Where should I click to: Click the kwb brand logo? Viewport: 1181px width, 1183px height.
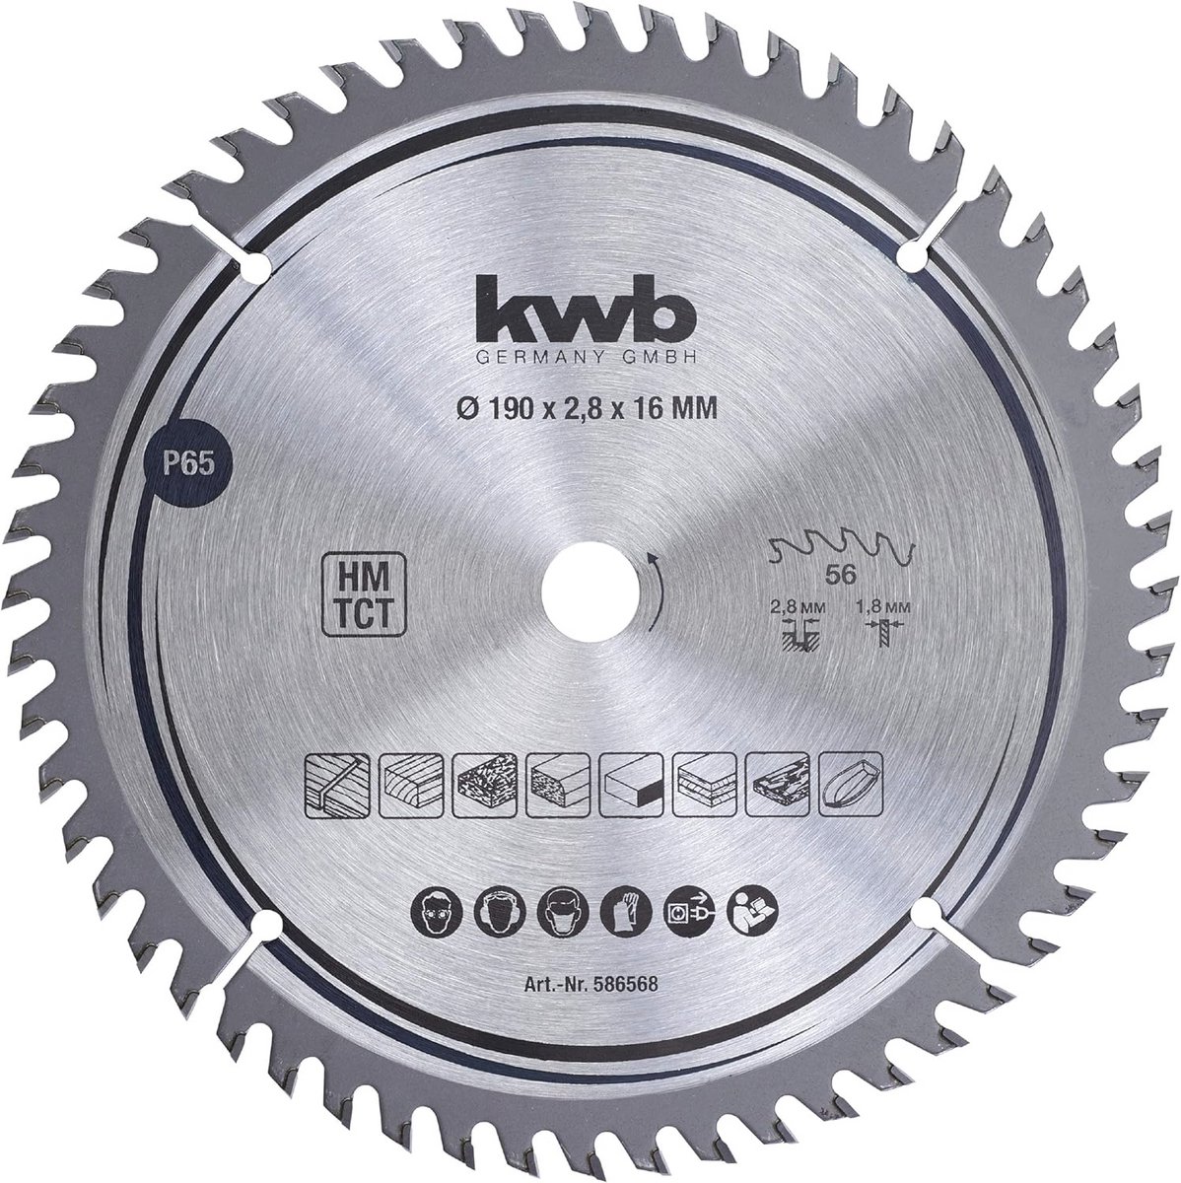(587, 313)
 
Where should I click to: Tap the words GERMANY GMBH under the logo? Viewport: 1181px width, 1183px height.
(586, 360)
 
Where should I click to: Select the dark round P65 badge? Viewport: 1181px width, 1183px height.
(188, 465)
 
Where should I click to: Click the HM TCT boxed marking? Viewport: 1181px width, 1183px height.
(364, 593)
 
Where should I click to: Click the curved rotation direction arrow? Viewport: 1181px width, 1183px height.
(659, 591)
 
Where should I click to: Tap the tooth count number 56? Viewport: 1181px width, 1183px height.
(840, 575)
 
